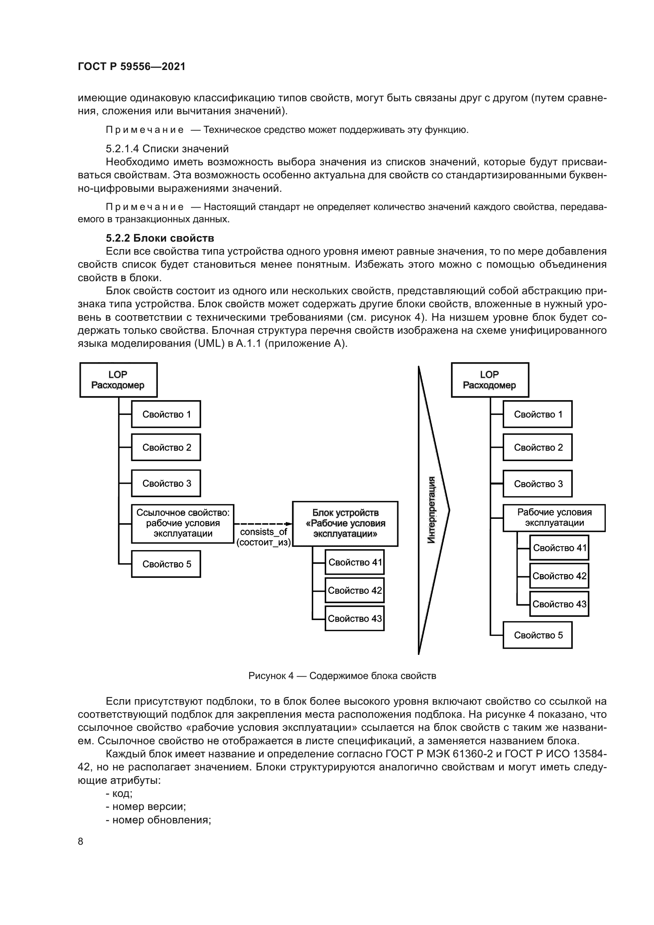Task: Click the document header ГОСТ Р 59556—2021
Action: tap(131, 66)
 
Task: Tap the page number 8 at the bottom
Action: tap(81, 841)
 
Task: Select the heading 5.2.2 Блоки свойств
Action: tap(160, 238)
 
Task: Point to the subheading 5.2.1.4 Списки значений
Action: tap(167, 149)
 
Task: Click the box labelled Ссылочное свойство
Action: tap(183, 523)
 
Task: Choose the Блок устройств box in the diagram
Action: tap(345, 523)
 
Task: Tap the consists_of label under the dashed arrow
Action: tap(263, 532)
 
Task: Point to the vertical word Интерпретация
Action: tap(431, 510)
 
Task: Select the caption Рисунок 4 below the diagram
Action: tap(342, 675)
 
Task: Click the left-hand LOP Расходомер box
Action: tap(118, 380)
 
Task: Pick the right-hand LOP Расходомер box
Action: tap(489, 380)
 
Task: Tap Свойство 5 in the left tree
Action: tap(166, 564)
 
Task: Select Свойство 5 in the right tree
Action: tap(538, 635)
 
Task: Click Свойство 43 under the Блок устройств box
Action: tap(354, 619)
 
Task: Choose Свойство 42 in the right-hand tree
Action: tap(559, 576)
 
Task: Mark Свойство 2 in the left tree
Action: tap(166, 447)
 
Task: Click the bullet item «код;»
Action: tap(119, 793)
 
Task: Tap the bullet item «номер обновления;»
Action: tap(158, 820)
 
